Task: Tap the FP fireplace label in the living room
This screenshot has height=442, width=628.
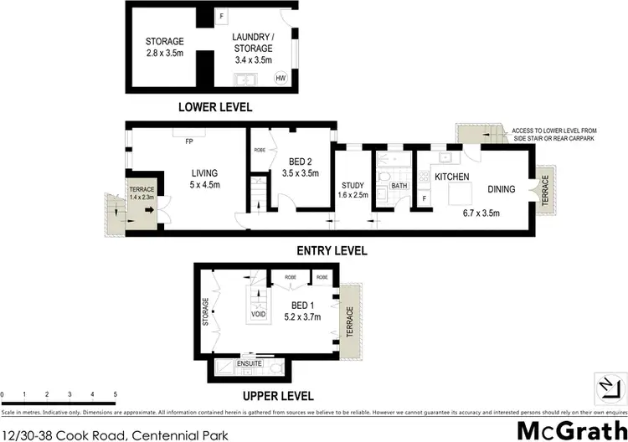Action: pos(189,141)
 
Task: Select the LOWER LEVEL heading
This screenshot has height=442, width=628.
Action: pos(214,107)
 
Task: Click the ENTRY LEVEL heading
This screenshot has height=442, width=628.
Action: pos(332,250)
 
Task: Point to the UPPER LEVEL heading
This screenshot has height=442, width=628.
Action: pos(278,396)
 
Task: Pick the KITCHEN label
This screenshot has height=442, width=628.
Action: pos(450,177)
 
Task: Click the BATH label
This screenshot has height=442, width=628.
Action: pos(399,186)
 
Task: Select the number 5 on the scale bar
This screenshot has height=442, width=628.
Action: pos(115,393)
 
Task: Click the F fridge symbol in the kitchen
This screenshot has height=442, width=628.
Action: pos(425,198)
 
